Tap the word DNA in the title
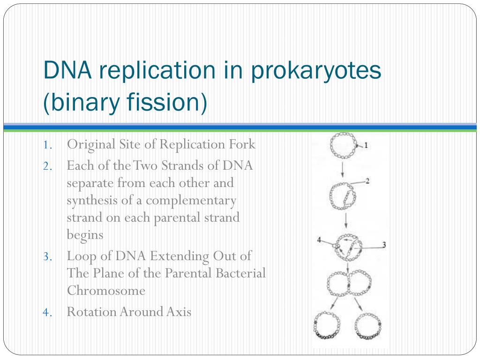[x=67, y=70]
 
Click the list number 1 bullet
[x=47, y=145]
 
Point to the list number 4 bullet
[x=47, y=313]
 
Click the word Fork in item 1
[x=242, y=144]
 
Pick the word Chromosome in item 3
[x=106, y=291]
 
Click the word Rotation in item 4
[x=91, y=312]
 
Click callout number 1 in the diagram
[x=366, y=145]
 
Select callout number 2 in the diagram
[x=367, y=181]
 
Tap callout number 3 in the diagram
[x=384, y=245]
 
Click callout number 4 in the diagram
[x=319, y=240]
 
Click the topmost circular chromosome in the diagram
[x=331, y=146]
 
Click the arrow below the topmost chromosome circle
[x=343, y=169]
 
